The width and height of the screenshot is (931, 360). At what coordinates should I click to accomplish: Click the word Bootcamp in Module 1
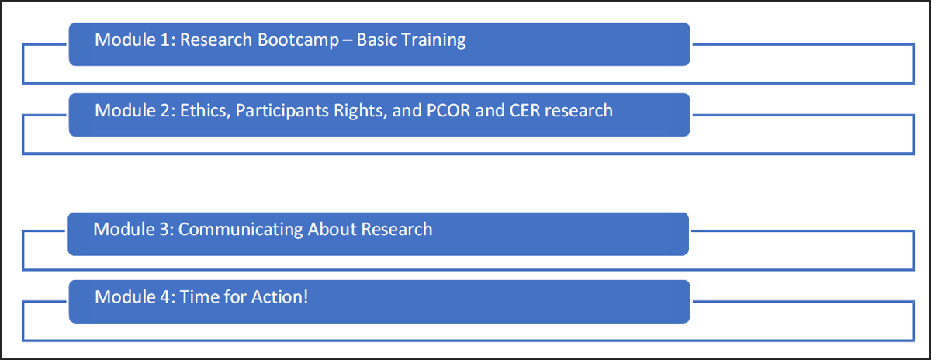(x=298, y=40)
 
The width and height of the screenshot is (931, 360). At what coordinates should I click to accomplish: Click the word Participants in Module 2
(x=282, y=112)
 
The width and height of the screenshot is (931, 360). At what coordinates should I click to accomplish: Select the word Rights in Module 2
(x=360, y=112)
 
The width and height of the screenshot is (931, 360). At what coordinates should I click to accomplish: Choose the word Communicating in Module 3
(x=240, y=230)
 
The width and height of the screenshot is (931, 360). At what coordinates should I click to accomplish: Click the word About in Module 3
(x=331, y=230)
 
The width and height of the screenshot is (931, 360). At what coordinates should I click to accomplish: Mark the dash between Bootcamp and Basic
(x=348, y=41)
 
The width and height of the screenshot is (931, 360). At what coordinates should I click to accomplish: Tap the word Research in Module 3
(x=396, y=230)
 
